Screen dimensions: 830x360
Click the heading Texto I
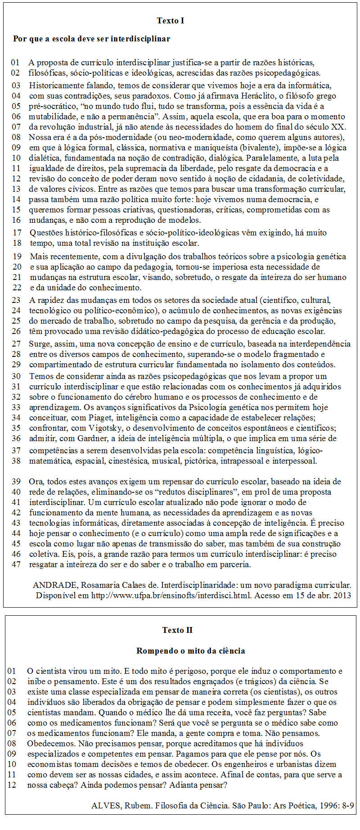[x=171, y=21]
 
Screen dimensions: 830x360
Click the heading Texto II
[x=177, y=630]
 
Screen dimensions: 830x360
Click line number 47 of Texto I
[x=16, y=564]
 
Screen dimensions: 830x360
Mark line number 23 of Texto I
[x=16, y=300]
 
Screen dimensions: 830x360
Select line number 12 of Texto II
[x=12, y=785]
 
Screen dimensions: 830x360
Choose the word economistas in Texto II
[x=48, y=764]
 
